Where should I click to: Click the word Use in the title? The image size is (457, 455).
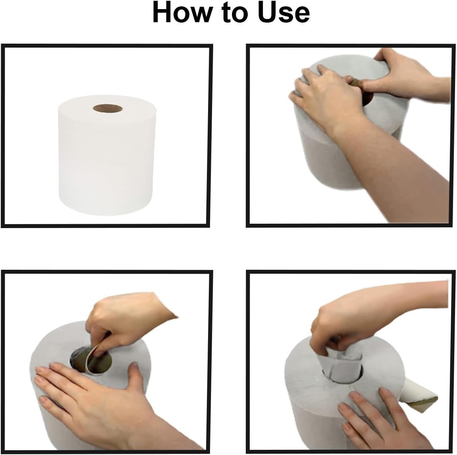coord(283,13)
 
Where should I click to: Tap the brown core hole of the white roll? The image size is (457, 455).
coord(106,108)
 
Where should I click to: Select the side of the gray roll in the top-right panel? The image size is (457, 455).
coord(318,159)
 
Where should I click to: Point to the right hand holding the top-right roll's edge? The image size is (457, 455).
coord(401,71)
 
